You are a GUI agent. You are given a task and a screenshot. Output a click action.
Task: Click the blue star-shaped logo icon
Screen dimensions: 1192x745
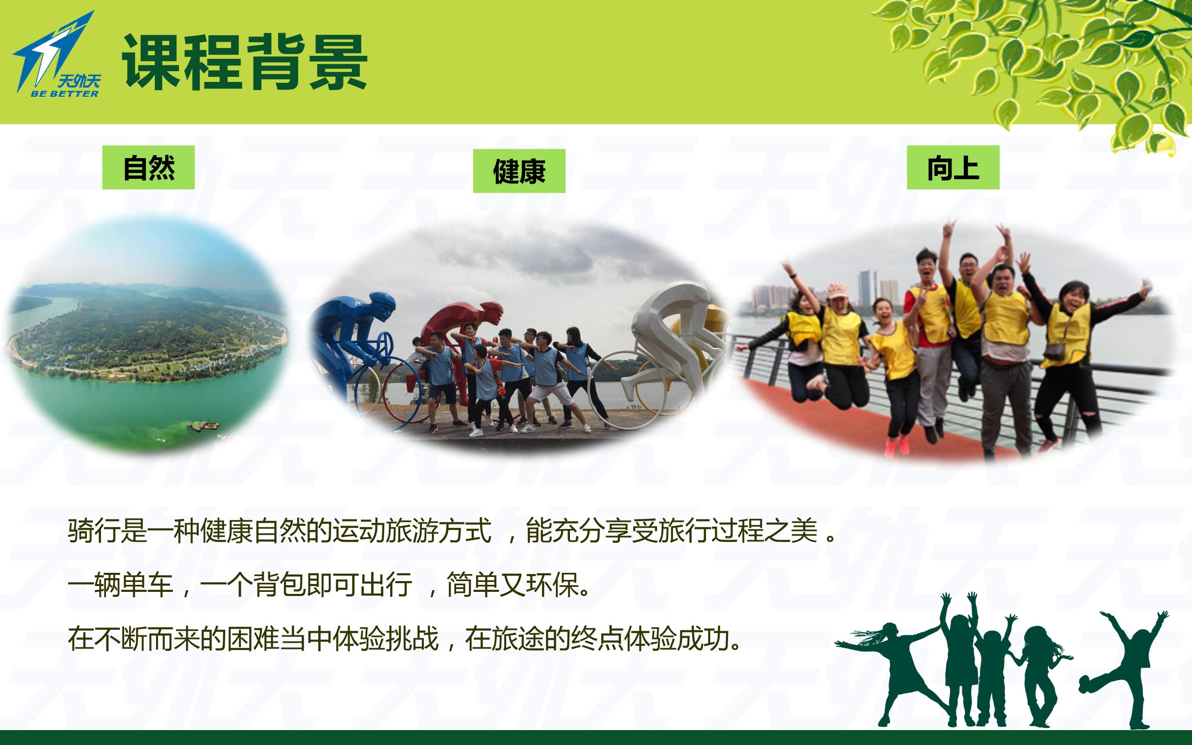coord(52,49)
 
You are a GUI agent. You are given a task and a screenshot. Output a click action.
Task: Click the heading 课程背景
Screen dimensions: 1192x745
coord(245,62)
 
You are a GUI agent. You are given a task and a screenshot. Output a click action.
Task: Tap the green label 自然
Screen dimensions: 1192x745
coord(148,168)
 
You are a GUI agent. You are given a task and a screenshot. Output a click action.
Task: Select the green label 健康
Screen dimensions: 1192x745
coord(519,171)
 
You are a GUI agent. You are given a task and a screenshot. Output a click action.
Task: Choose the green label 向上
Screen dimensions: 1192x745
coord(953,168)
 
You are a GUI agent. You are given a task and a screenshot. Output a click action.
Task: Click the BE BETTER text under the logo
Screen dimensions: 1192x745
coord(65,94)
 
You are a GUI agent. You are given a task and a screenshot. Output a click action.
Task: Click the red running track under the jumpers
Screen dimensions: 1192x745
coord(837,419)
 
